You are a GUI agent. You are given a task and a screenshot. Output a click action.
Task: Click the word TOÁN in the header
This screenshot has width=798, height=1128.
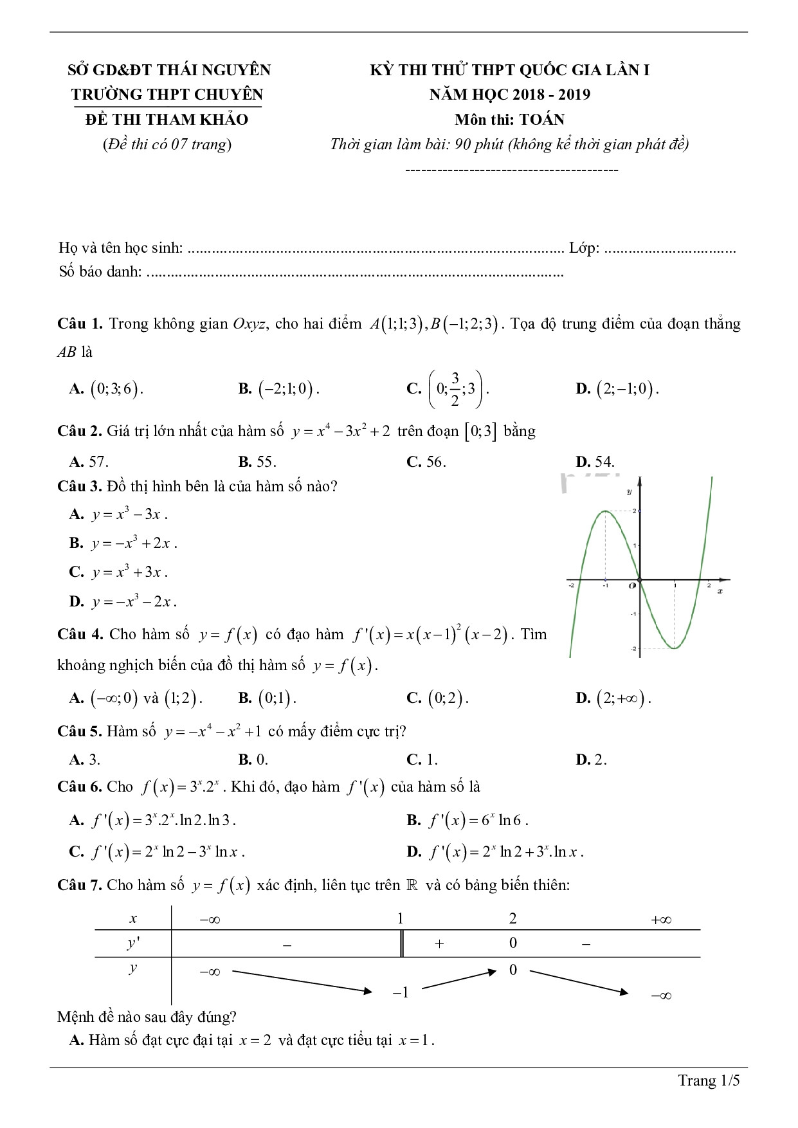(542, 120)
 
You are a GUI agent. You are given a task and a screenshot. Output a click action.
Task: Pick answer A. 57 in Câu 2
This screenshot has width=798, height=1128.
(89, 461)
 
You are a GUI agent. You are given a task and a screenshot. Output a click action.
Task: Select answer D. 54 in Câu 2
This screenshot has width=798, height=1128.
(595, 461)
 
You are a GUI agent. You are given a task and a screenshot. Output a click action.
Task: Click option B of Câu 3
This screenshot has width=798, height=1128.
(123, 543)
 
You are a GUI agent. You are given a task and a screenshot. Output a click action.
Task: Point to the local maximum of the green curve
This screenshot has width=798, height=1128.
(605, 511)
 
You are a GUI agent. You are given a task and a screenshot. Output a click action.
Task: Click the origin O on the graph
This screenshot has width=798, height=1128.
(633, 585)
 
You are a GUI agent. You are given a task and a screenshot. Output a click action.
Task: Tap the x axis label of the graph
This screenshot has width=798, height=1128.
(720, 590)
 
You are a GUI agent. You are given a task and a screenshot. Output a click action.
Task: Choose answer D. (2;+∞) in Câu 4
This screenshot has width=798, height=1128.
(613, 698)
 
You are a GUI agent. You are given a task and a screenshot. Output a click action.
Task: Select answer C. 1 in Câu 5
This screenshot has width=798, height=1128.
(422, 760)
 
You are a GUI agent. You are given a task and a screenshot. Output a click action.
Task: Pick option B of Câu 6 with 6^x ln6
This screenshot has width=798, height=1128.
(467, 820)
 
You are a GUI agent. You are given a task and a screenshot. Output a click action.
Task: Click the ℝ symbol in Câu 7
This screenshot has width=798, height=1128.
(412, 885)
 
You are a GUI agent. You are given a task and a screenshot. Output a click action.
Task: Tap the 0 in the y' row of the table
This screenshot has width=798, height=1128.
(512, 943)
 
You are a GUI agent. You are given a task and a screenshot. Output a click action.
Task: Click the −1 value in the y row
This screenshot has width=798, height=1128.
(401, 992)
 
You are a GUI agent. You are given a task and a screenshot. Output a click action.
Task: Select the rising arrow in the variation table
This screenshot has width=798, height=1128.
(461, 979)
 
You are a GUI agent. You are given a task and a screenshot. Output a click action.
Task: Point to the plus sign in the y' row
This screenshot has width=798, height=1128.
(440, 944)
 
